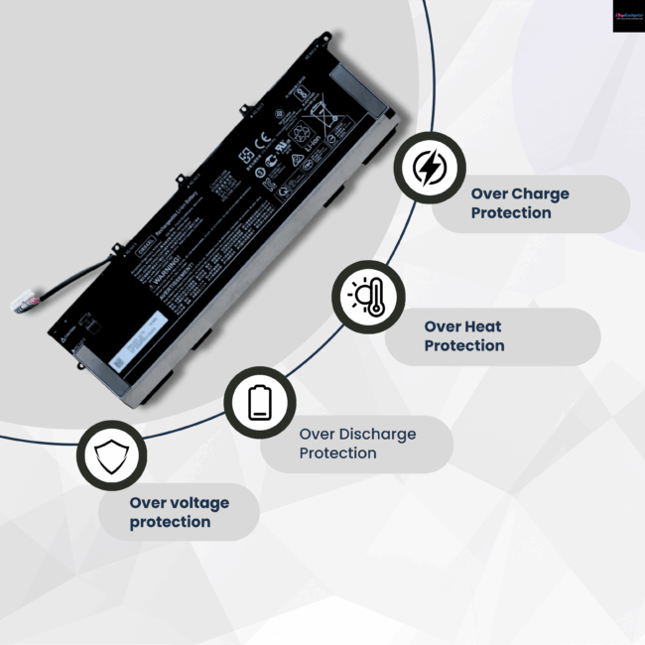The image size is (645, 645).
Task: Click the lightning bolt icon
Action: pyautogui.click(x=429, y=170)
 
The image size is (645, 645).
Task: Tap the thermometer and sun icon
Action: pyautogui.click(x=367, y=297)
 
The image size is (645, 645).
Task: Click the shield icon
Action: pyautogui.click(x=111, y=457)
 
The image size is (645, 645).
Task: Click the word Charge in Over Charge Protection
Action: pyautogui.click(x=540, y=193)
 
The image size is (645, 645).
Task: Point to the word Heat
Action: pyautogui.click(x=483, y=326)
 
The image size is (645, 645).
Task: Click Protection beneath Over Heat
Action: pyautogui.click(x=464, y=345)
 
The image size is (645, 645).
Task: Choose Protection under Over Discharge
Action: pyautogui.click(x=338, y=452)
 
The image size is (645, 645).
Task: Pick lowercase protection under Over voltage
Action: pyautogui.click(x=170, y=521)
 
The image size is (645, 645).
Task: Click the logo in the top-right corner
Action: pyautogui.click(x=628, y=15)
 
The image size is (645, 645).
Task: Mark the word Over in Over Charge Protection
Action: pyautogui.click(x=489, y=193)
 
